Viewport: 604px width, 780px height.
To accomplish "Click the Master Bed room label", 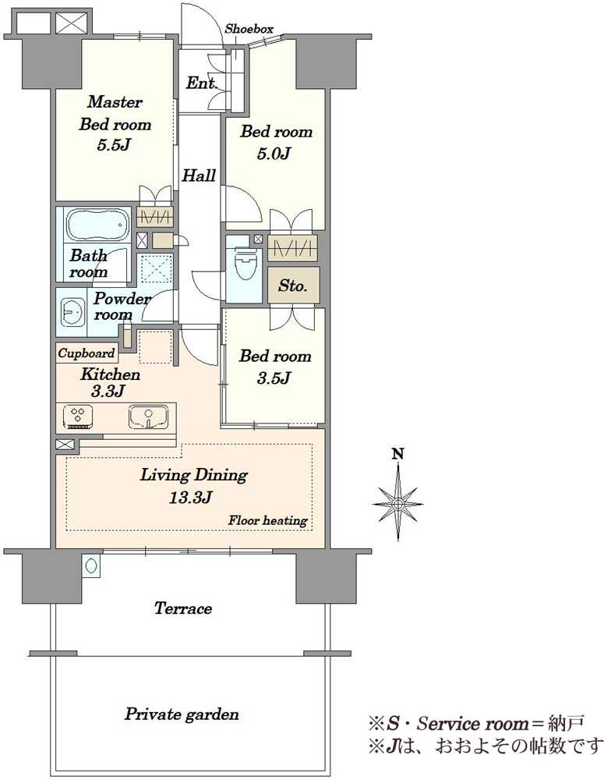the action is (115, 113).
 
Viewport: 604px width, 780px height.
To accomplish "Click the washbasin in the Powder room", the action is (72, 313).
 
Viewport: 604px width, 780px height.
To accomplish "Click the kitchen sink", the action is (148, 417).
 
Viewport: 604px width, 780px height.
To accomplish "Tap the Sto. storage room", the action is (293, 285).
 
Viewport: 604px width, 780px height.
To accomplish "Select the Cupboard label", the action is (87, 353).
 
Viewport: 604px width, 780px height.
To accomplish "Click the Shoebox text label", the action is (249, 30).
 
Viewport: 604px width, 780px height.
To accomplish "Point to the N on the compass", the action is (397, 454).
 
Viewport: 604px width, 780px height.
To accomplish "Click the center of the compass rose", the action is (397, 504).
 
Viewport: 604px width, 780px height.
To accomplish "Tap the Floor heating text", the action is (267, 521).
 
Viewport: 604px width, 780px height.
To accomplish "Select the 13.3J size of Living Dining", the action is (191, 497).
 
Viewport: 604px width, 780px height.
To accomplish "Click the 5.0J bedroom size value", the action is (274, 154).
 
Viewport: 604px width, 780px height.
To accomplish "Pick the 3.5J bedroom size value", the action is (274, 378).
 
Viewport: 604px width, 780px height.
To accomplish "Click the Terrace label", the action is (183, 608).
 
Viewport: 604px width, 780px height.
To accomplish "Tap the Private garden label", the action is (182, 714).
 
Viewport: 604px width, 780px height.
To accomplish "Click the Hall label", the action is (199, 175).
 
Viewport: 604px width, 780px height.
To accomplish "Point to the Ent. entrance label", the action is (201, 83).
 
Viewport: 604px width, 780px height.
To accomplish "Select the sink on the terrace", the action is (91, 565).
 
